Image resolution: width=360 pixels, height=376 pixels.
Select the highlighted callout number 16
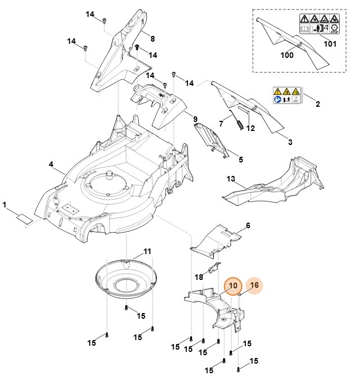(254, 286)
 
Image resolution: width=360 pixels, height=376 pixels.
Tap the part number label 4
(51, 164)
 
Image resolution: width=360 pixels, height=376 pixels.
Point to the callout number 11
(147, 251)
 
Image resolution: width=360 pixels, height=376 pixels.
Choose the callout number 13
(230, 179)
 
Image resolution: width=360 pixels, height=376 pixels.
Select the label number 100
(287, 56)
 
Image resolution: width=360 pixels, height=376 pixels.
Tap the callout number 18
(199, 277)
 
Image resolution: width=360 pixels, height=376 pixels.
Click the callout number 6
(248, 225)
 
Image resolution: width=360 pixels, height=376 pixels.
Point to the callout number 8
(152, 38)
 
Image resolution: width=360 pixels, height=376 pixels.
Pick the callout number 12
(250, 128)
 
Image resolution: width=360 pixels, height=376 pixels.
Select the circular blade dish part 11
(127, 279)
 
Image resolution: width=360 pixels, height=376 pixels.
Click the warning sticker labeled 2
(286, 95)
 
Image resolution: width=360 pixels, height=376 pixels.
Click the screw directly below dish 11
(127, 307)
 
